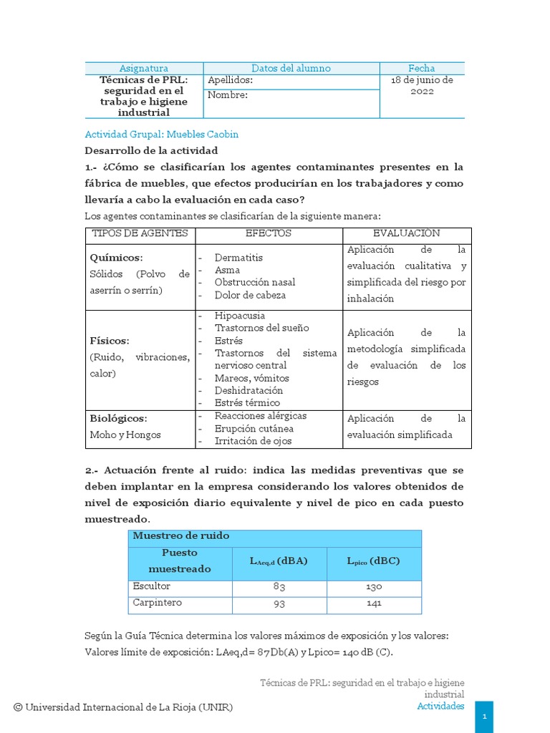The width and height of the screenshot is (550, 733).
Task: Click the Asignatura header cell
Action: click(144, 68)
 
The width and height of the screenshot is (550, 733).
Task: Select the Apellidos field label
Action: click(230, 81)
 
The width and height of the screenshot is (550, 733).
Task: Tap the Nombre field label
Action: click(228, 95)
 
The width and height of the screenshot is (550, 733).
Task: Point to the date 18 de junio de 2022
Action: click(422, 87)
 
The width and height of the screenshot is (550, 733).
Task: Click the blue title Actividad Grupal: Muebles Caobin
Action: click(162, 135)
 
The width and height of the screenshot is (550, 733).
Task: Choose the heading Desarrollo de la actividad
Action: click(151, 151)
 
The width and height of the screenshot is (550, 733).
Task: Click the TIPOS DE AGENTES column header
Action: click(140, 234)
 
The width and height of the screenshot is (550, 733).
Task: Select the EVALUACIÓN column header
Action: click(407, 234)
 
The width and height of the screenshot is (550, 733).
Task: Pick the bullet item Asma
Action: click(227, 270)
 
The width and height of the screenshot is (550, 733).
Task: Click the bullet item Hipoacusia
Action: click(239, 316)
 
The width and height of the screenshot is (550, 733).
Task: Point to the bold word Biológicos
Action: click(118, 418)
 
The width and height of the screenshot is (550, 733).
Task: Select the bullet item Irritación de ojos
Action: click(253, 441)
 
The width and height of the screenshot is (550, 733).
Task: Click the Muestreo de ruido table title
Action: click(180, 536)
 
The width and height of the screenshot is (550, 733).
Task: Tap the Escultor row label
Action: click(152, 586)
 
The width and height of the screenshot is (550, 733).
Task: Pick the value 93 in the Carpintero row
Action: click(279, 603)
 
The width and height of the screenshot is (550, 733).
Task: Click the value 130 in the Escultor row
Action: click(373, 587)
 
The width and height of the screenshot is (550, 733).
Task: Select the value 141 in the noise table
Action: click(373, 603)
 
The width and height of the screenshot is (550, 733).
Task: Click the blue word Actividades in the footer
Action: click(440, 706)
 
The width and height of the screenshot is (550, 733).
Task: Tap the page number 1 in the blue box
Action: click(485, 716)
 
